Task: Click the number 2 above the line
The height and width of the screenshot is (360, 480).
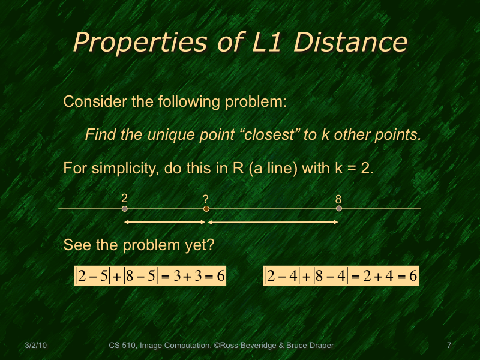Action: coord(124,198)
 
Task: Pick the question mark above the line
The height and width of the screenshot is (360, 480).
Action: coord(206,199)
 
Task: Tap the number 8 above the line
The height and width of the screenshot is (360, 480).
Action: coord(338,198)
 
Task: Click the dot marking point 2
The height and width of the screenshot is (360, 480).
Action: coord(125,209)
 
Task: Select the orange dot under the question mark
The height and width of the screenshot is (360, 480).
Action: coord(206,209)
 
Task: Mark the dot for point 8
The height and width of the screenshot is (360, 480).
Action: coord(339,209)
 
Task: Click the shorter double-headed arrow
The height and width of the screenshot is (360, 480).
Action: coord(164,223)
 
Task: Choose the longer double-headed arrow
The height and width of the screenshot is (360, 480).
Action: coord(273,223)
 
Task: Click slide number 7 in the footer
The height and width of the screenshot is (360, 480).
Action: coord(449,346)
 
